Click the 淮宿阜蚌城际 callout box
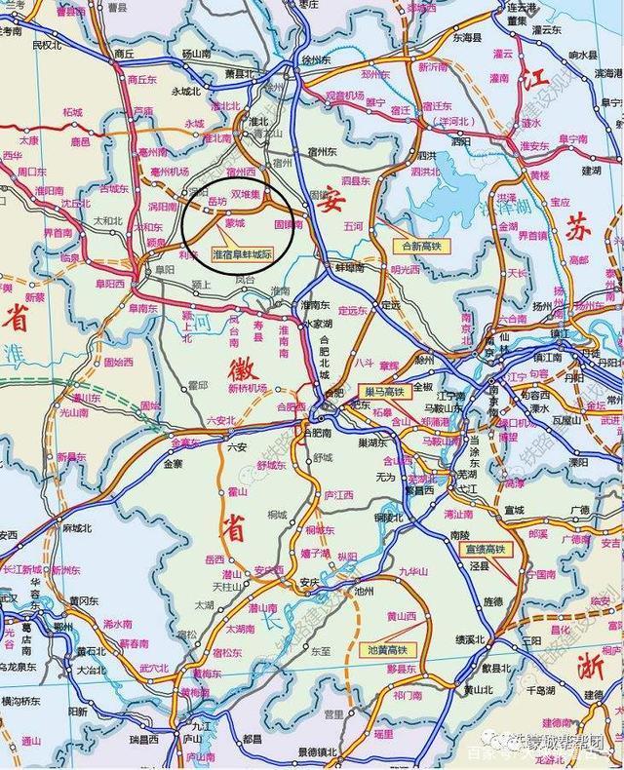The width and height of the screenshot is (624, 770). (x=242, y=252)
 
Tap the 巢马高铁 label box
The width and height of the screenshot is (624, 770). (x=384, y=392)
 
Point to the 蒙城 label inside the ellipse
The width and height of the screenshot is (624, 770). (x=235, y=222)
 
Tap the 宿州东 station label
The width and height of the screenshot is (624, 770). (x=319, y=152)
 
